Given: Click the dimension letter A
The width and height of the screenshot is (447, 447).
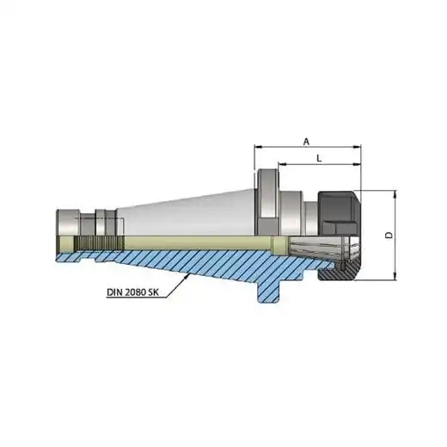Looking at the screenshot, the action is (307, 142).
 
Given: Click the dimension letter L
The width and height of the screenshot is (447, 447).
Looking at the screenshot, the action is (319, 158).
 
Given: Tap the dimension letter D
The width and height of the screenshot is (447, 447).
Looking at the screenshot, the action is (389, 236).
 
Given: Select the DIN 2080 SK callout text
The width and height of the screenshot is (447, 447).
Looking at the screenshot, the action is (132, 292).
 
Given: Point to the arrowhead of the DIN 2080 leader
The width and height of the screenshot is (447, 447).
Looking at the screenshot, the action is (187, 276).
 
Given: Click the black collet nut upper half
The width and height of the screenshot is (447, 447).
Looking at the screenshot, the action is (338, 213).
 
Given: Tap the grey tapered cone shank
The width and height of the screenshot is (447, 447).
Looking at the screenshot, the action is (187, 213).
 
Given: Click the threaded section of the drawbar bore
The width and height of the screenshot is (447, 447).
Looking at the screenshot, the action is (99, 243).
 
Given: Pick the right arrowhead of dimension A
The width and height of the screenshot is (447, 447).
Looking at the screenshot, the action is (357, 147).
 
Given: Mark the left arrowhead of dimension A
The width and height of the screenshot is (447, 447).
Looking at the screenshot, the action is (259, 147).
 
